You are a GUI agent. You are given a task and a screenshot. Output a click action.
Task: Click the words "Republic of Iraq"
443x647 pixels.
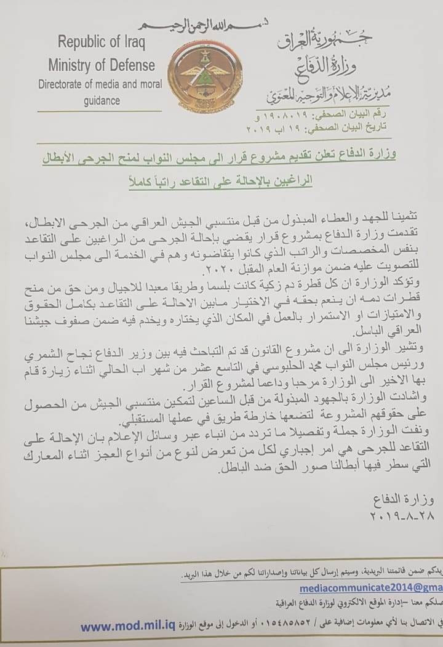101,42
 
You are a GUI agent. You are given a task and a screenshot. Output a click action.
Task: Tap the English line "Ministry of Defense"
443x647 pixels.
102,64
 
